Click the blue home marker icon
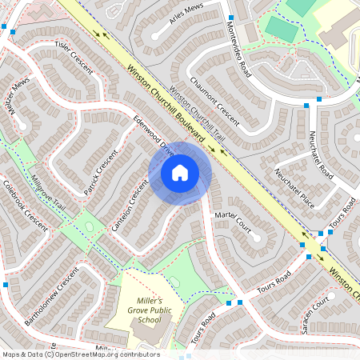pos(180,172)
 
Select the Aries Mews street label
pos(183,25)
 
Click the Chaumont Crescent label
pos(215,99)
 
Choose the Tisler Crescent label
pos(74,56)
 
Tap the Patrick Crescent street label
pos(100,171)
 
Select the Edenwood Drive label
pos(155,136)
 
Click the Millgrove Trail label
pos(45,191)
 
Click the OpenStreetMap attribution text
pos(80,354)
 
